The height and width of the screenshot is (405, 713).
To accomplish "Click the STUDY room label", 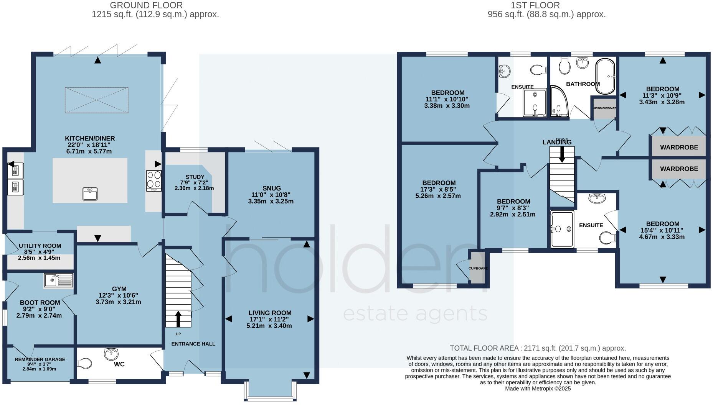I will pyautogui.click(x=195, y=177).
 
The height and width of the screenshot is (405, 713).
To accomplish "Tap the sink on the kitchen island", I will pyautogui.click(x=90, y=193).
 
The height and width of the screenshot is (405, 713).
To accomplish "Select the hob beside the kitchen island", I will pyautogui.click(x=153, y=180).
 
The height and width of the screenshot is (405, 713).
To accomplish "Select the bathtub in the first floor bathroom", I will pyautogui.click(x=605, y=76).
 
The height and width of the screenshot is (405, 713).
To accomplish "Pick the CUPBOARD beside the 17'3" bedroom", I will pyautogui.click(x=478, y=268).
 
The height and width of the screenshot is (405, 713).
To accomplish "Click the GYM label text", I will pyautogui.click(x=119, y=289).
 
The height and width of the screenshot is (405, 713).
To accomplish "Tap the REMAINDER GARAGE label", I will pyautogui.click(x=40, y=359).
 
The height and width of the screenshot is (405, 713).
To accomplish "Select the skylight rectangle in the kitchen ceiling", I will pyautogui.click(x=96, y=100).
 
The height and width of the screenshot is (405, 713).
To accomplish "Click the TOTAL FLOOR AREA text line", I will pyautogui.click(x=538, y=348).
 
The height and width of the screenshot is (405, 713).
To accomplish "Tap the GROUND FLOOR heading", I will pyautogui.click(x=146, y=5).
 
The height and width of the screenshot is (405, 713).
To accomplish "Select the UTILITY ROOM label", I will pyautogui.click(x=40, y=246).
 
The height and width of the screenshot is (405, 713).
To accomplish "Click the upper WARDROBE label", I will pyautogui.click(x=678, y=147).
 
